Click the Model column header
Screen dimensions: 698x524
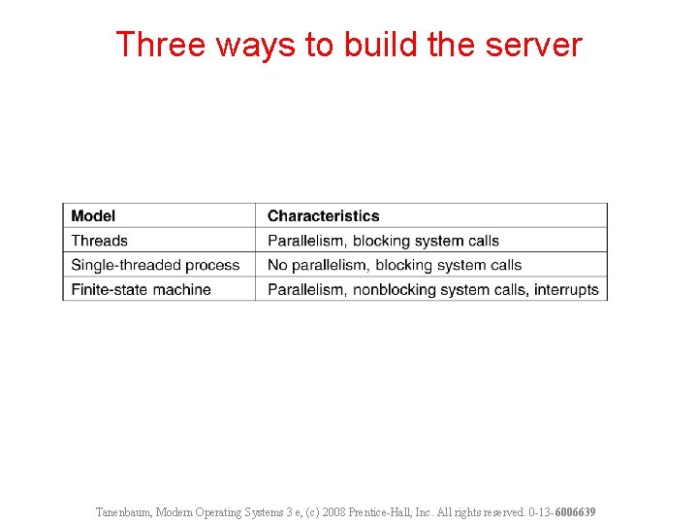93,215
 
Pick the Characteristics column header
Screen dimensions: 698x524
323,215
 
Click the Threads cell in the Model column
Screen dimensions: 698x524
99,241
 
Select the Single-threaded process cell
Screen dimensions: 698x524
155,265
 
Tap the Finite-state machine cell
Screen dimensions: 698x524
141,289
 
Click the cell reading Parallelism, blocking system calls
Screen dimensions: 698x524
383,241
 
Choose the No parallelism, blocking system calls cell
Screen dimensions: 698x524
395,265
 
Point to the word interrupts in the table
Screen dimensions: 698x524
566,289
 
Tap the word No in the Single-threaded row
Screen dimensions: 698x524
277,265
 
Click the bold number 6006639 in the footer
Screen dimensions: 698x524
575,511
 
